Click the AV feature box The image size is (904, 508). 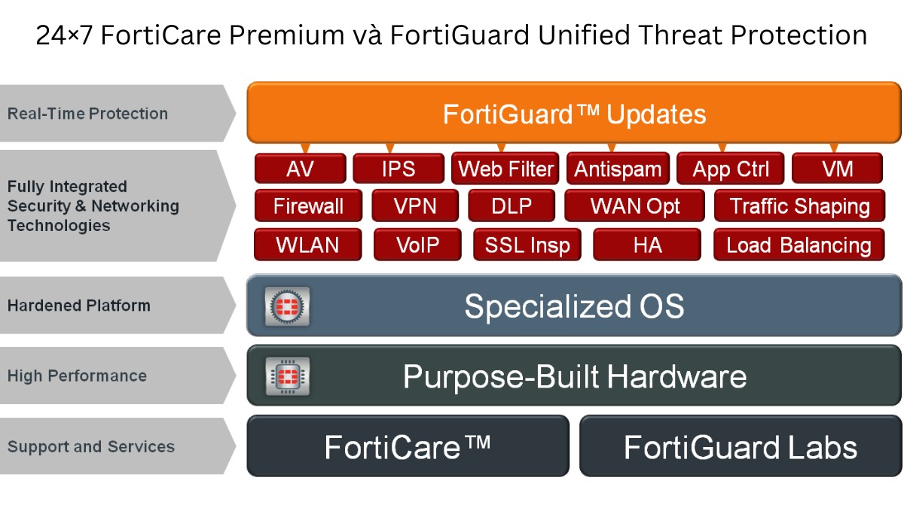point(301,168)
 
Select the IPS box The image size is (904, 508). point(399,168)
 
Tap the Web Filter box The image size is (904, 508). point(505,168)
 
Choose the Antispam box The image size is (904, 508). point(618,168)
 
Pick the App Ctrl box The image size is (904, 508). point(731,168)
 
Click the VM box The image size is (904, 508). point(838,168)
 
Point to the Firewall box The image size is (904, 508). point(308,205)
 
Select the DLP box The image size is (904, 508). point(512,205)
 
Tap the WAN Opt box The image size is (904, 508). point(635,205)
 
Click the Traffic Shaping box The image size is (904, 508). point(799,205)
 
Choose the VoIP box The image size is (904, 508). point(417,245)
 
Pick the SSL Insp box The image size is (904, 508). point(527,245)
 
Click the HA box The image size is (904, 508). point(647,245)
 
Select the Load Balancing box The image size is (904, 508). point(799,245)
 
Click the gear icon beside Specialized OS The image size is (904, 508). point(287,306)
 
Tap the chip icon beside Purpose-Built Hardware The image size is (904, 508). point(287,376)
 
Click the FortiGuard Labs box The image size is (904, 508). point(741,446)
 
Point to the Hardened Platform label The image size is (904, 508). point(79,306)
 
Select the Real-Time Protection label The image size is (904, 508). point(87,114)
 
